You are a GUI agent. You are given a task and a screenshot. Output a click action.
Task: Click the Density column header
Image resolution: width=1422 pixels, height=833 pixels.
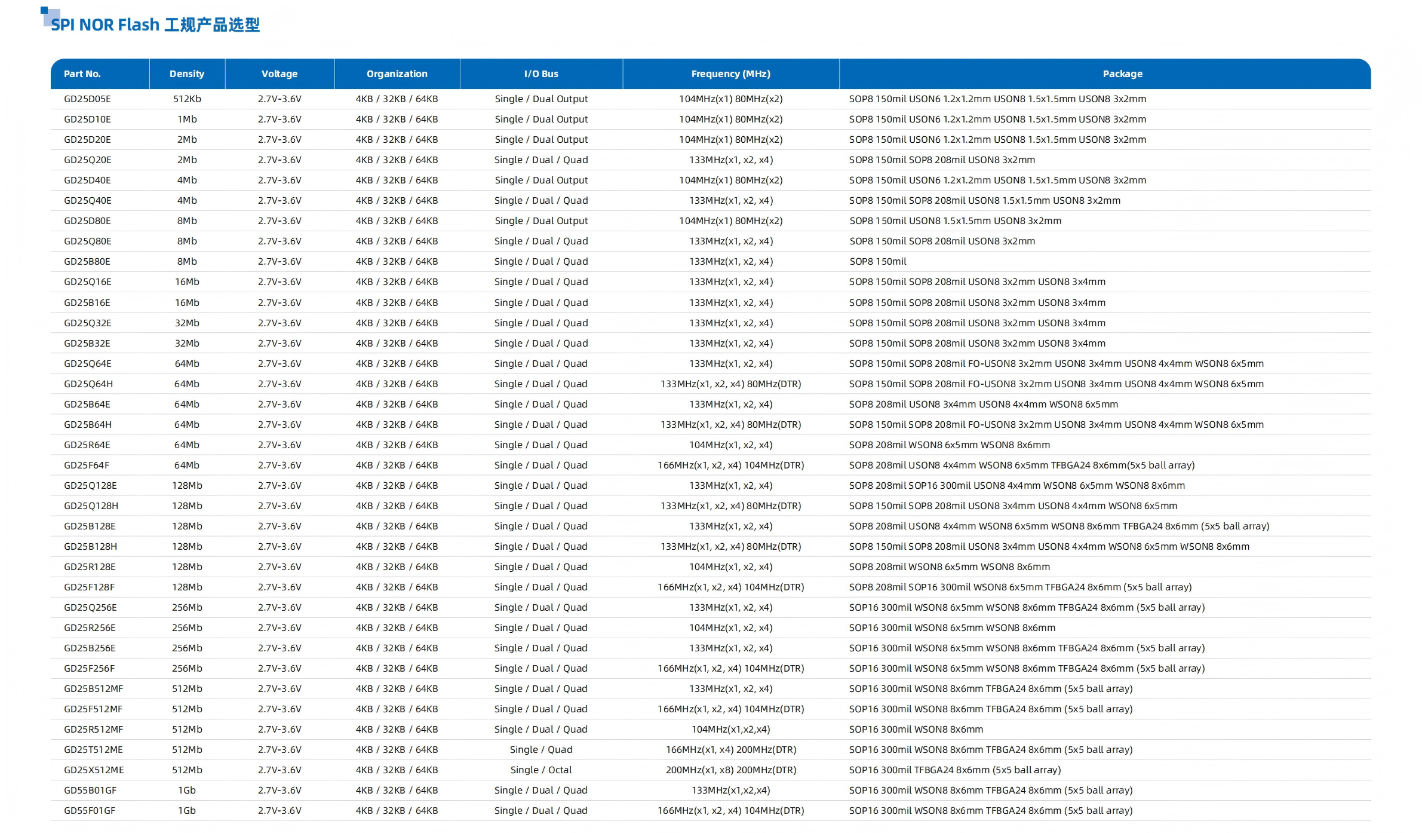(x=186, y=74)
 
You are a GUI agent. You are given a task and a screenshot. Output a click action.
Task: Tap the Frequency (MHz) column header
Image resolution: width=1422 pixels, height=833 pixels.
(x=730, y=74)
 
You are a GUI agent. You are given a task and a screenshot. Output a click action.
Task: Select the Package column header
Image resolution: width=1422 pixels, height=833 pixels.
(x=1122, y=74)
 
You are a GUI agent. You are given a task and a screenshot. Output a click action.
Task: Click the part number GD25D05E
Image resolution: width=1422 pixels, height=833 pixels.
(x=87, y=99)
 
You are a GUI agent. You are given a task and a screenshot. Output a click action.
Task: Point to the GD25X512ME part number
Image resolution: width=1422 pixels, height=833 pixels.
(x=94, y=770)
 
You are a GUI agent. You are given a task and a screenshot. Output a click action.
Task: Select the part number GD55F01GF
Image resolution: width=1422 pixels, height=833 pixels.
(x=90, y=811)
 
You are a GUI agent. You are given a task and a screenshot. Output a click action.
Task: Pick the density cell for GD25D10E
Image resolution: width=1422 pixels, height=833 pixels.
(x=187, y=120)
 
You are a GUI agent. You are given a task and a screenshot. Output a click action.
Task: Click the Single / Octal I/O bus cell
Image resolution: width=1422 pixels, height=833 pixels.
(x=541, y=770)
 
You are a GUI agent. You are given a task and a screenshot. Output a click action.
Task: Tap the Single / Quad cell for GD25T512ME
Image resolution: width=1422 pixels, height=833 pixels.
(x=541, y=750)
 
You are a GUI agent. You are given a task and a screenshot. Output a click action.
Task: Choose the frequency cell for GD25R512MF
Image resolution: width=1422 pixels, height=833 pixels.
(x=730, y=730)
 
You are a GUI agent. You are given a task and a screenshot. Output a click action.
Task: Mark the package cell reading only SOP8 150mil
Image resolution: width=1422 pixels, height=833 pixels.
(x=877, y=262)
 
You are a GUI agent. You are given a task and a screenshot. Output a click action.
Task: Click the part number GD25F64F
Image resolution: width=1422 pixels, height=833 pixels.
(x=87, y=465)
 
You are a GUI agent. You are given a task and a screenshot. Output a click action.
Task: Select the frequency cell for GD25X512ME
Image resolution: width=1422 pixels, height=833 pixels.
(x=730, y=770)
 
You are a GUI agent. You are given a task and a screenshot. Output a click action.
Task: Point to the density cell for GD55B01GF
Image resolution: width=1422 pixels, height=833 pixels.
(x=187, y=791)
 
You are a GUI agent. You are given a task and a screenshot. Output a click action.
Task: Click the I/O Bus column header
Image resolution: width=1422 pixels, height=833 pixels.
(x=541, y=74)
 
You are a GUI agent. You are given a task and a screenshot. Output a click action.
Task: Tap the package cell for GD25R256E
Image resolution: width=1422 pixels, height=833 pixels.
(x=952, y=628)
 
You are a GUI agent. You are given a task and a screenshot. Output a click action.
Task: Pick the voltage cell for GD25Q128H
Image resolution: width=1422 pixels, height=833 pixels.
(x=280, y=506)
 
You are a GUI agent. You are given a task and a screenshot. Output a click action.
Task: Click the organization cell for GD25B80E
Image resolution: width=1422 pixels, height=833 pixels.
(x=397, y=262)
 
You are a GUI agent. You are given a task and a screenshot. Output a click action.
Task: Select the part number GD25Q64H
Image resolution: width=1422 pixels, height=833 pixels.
(x=88, y=384)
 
